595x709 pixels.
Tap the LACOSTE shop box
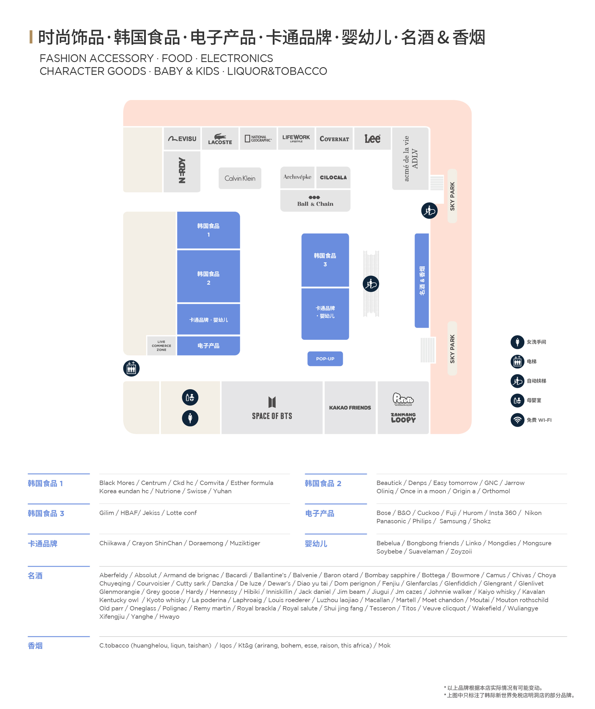pos(220,138)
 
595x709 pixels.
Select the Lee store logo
pos(372,138)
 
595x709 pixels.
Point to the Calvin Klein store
pos(240,178)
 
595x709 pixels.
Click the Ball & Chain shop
pos(315,201)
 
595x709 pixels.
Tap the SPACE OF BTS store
pos(272,408)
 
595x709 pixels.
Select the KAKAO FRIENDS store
pos(350,408)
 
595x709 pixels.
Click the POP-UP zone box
pos(325,359)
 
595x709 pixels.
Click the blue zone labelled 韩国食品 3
pos(325,260)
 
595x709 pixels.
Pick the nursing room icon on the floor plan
pos(190,397)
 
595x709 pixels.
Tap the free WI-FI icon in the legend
pos(517,420)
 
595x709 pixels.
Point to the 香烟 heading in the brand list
pos(35,646)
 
